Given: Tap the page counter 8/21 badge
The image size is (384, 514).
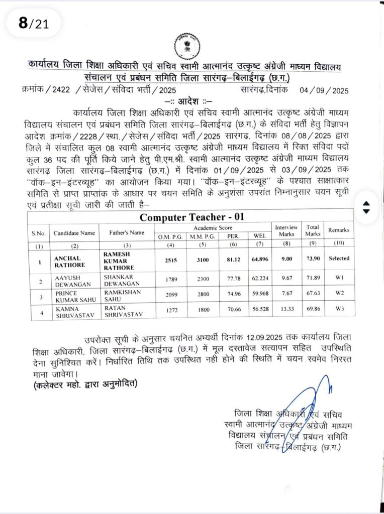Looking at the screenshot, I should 34,23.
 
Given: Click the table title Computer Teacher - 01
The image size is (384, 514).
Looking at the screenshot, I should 191,217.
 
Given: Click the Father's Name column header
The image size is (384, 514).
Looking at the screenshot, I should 126,233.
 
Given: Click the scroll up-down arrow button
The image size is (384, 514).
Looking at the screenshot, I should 366,207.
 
